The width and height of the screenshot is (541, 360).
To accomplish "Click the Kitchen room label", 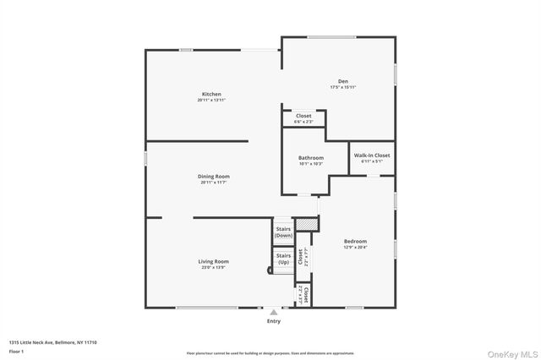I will [211, 94].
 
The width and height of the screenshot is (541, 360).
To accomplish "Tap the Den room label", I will [343, 81].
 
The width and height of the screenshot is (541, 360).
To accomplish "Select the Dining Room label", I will [215, 176].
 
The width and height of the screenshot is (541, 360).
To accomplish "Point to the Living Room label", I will [215, 261].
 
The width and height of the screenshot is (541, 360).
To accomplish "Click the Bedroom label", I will [355, 241].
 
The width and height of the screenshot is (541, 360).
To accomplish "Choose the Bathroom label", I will [310, 158].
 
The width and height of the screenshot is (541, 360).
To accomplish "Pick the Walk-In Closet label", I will [372, 155].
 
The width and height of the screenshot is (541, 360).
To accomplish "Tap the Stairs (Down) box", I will [284, 232].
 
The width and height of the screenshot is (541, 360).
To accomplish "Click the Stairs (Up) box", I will [284, 258].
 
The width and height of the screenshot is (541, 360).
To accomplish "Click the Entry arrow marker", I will [273, 313].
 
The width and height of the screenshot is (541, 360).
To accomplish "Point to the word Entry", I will [273, 321].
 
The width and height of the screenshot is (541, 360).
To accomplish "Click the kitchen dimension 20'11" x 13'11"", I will [211, 100].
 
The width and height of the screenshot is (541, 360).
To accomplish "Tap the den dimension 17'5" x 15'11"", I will [343, 87].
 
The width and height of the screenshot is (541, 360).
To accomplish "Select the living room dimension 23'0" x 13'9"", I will [215, 267].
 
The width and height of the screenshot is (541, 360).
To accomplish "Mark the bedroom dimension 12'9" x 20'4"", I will [355, 247].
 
